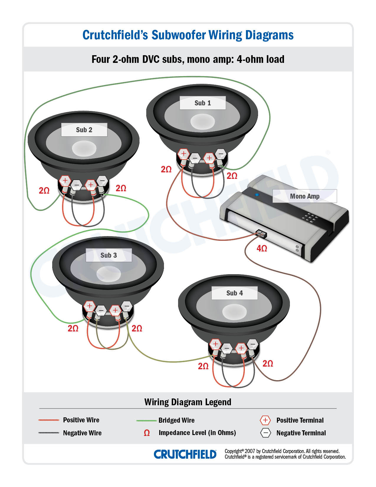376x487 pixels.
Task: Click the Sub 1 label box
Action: point(203,103)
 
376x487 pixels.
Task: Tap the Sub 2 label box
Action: point(84,130)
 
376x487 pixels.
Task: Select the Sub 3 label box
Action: point(109,255)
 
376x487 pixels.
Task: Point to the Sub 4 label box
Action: point(234,293)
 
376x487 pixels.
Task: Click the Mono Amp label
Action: point(305,196)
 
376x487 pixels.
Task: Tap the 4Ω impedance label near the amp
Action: point(262,249)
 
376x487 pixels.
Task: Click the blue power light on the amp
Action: point(257,195)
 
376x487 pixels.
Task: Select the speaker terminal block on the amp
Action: point(261,233)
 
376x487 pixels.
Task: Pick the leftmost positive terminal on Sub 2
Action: point(65,180)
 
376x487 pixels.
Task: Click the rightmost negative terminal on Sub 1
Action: point(221,153)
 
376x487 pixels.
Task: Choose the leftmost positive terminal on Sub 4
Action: point(215,344)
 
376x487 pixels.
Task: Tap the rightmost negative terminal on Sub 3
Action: point(127,306)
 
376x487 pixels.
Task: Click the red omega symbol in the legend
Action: point(147,433)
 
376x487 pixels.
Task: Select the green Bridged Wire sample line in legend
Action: point(146,420)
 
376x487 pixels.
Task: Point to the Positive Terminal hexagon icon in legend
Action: point(265,420)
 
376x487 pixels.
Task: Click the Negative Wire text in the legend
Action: point(82,433)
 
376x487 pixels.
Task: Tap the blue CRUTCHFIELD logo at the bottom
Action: point(185,454)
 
